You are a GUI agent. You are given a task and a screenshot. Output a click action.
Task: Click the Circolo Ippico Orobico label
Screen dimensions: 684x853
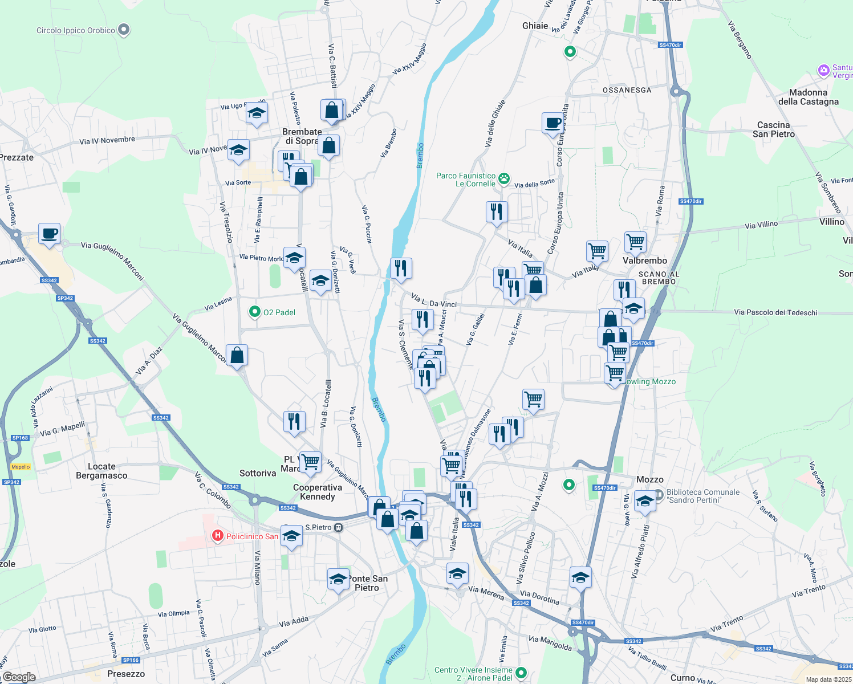coord(75,31)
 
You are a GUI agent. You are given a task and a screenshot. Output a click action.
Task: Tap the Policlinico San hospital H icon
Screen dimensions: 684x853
coord(217,536)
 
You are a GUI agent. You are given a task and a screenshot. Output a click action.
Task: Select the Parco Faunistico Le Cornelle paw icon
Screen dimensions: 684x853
coord(504,179)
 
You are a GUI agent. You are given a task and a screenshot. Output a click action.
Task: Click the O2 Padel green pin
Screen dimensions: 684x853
coord(255,312)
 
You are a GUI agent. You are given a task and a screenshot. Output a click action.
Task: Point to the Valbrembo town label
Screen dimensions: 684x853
coord(645,260)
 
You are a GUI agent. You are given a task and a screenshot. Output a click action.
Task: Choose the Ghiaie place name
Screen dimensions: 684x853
coord(535,26)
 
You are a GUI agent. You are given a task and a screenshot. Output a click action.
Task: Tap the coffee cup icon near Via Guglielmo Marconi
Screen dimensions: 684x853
coord(50,233)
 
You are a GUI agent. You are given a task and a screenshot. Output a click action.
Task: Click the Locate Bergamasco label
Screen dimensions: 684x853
coord(101,471)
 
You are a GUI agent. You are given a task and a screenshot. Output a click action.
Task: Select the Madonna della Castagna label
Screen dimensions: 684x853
coord(808,97)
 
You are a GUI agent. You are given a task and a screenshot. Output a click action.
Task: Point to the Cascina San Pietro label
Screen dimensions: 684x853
coord(773,129)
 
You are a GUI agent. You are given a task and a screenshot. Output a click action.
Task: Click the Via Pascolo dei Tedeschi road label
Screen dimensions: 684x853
coord(775,312)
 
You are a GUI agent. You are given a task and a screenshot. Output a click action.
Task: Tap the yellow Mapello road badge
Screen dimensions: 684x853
coord(21,467)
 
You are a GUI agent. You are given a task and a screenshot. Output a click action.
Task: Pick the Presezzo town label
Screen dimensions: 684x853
coord(126,674)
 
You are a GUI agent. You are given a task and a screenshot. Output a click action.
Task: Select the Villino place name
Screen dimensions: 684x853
coord(831,222)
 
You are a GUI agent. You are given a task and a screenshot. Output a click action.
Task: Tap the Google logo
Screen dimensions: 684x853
coord(19,677)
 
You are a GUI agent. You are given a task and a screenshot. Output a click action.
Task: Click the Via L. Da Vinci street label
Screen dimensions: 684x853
coord(434,300)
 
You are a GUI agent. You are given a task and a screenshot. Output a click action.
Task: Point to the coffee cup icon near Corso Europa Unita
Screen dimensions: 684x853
coord(553,123)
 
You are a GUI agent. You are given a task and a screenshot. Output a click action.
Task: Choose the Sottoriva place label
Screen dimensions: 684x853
coord(258,473)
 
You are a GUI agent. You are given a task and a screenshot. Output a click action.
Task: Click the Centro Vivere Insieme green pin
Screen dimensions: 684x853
coord(520,673)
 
